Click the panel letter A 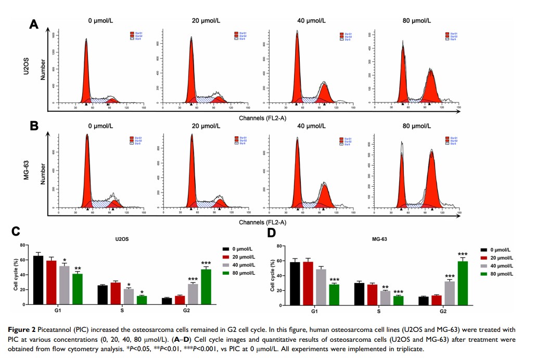tap(34, 24)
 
